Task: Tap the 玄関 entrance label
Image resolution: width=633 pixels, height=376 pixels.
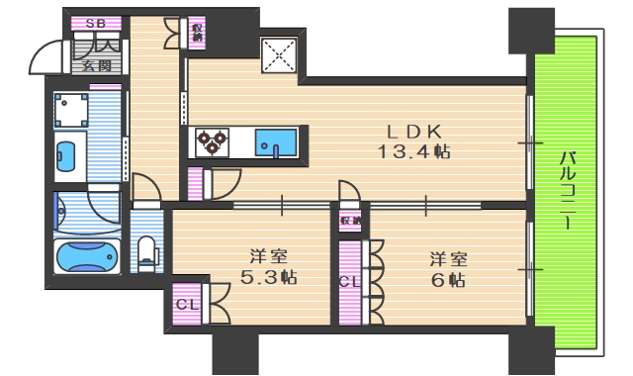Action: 97,67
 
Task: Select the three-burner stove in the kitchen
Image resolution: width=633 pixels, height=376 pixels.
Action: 212,142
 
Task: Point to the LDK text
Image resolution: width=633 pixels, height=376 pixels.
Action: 407,131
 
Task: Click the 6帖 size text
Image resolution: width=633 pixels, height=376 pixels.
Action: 447,280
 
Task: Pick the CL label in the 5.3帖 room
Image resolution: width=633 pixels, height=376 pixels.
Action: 187,304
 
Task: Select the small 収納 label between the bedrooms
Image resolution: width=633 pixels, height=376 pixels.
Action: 349,220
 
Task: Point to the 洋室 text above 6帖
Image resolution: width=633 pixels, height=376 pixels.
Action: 446,259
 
